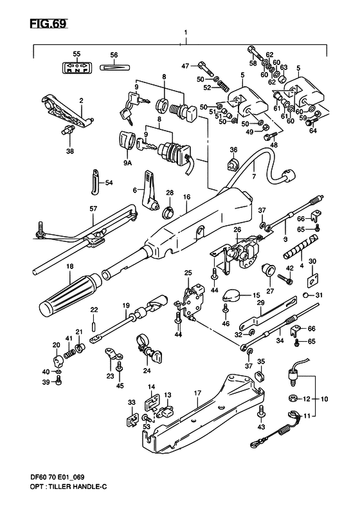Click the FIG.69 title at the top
click(48, 24)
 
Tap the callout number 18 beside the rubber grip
click(51, 266)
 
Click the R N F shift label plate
click(76, 67)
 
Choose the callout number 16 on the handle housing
click(187, 197)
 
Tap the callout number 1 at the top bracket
click(185, 32)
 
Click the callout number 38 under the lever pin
click(69, 152)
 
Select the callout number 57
click(93, 208)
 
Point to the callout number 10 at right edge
click(324, 399)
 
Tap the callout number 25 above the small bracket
click(188, 273)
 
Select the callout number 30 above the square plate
click(312, 261)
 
